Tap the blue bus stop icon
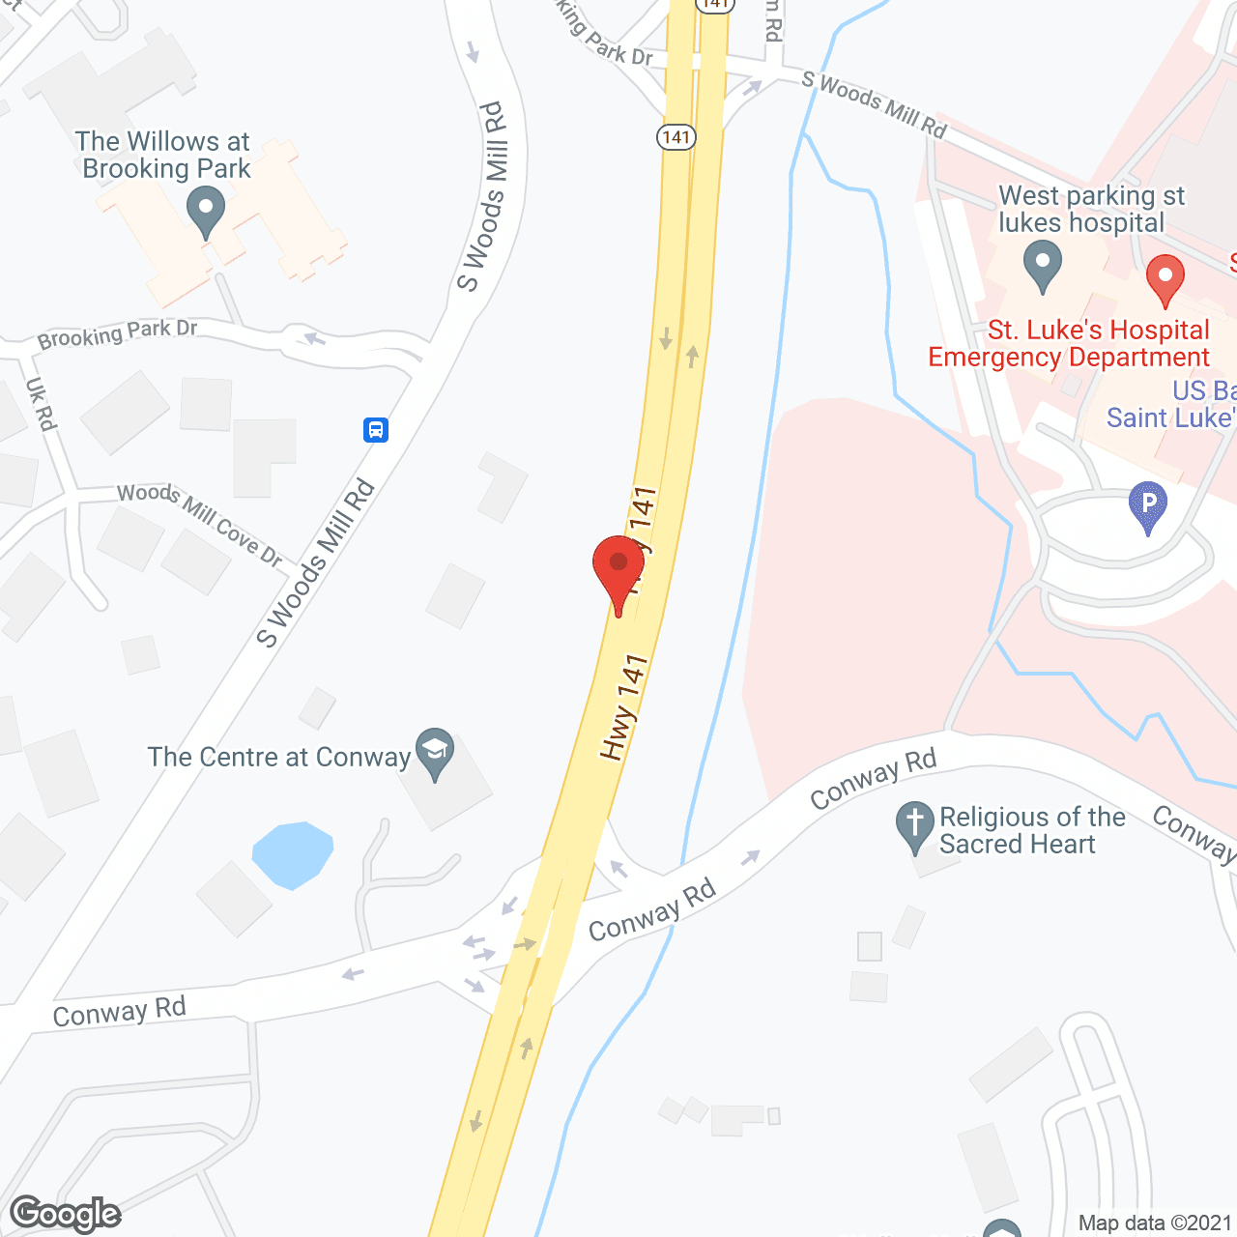tap(376, 429)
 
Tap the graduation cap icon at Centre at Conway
tap(435, 752)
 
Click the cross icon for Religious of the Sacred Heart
tap(914, 825)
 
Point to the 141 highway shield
tap(676, 136)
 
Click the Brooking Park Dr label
tap(118, 333)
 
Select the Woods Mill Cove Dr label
tap(199, 525)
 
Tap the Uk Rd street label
tap(42, 404)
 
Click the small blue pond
tap(292, 853)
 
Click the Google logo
tap(66, 1214)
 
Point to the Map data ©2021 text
tap(1155, 1223)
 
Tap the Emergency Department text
tap(1068, 358)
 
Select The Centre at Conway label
tap(279, 757)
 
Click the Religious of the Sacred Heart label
tap(1032, 830)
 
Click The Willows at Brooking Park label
tap(164, 155)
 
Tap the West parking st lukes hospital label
tap(1090, 209)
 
